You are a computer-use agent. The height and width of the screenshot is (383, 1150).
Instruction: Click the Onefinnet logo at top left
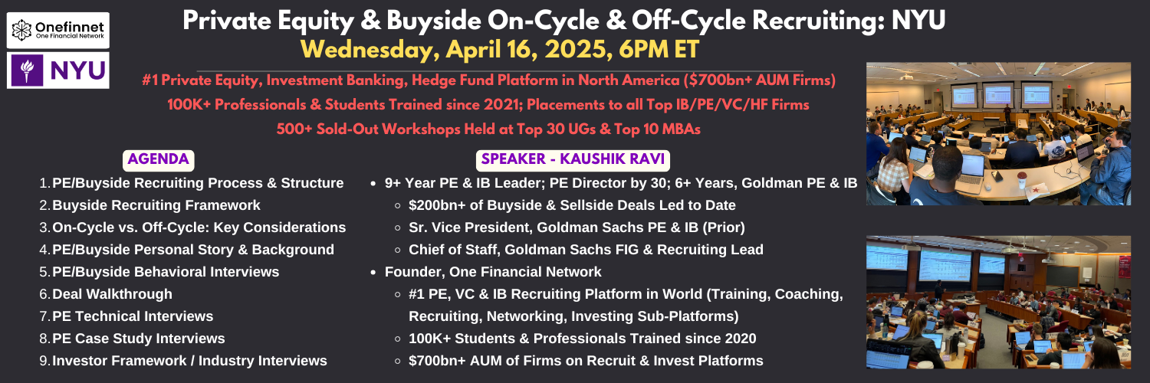click(x=58, y=30)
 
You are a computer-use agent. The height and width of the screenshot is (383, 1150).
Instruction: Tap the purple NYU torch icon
click(x=27, y=70)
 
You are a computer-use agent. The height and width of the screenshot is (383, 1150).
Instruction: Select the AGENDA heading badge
click(x=158, y=160)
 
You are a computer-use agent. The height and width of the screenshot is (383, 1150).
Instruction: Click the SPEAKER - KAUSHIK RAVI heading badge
click(x=573, y=160)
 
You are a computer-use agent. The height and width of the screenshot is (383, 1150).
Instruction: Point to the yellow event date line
click(x=500, y=50)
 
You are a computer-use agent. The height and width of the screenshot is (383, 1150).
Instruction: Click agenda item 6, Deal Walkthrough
click(x=112, y=294)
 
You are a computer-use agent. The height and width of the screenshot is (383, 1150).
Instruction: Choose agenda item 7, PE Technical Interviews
click(x=133, y=316)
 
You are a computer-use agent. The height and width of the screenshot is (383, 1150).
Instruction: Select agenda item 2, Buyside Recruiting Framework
click(x=156, y=205)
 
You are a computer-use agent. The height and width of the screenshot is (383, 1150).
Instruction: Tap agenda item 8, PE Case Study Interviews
click(x=138, y=339)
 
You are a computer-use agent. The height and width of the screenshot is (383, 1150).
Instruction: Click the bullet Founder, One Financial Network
click(x=493, y=272)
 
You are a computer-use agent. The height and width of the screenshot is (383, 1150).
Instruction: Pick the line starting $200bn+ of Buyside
click(x=572, y=205)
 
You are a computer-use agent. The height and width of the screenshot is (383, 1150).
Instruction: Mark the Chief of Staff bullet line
click(x=586, y=250)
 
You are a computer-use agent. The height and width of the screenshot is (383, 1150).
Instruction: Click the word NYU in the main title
click(x=918, y=21)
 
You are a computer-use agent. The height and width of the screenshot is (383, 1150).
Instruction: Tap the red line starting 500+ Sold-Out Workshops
click(x=488, y=129)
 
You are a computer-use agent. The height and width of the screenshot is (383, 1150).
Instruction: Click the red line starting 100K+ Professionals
click(x=488, y=105)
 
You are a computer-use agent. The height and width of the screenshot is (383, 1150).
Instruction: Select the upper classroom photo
click(x=998, y=134)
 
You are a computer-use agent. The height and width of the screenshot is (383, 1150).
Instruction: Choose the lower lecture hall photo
click(x=998, y=302)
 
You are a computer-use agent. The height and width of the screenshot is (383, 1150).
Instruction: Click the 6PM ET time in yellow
click(x=659, y=50)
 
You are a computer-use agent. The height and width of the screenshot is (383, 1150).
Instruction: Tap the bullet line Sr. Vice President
click(x=577, y=228)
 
